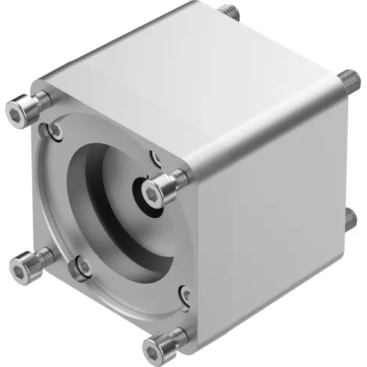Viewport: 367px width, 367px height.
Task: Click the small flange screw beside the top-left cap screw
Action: point(55,131)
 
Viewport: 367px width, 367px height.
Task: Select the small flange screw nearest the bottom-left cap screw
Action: point(83,266)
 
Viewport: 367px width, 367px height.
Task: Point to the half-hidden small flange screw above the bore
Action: point(156,158)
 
